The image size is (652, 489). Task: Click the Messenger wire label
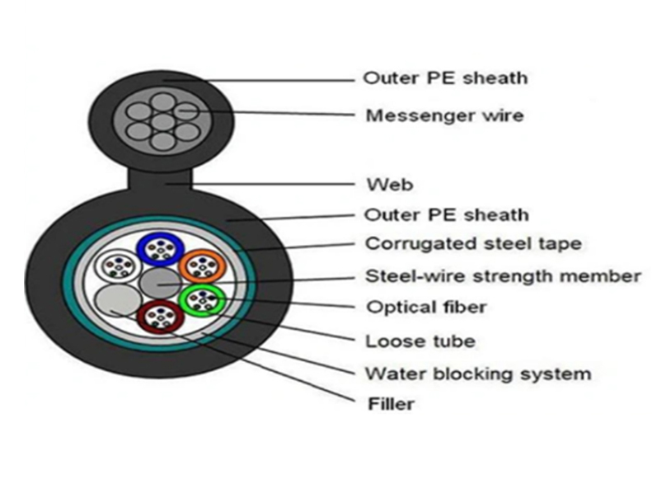pos(444,115)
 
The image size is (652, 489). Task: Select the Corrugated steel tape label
pos(473,243)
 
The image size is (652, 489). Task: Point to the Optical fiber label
pos(425,308)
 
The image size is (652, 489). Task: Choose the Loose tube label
pos(420,341)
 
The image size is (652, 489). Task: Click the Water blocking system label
pos(477,374)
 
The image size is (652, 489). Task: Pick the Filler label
pos(389,404)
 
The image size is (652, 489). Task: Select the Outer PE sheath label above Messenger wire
pos(445,78)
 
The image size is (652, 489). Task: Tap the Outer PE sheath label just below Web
pos(445,215)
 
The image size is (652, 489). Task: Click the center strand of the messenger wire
pos(164,122)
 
